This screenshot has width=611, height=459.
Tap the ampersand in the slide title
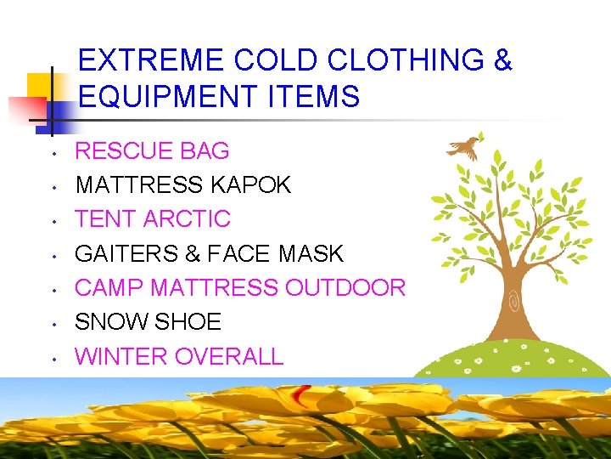502,61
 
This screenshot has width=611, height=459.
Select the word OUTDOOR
345,288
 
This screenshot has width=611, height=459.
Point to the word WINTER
121,356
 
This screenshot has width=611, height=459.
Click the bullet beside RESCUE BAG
53,154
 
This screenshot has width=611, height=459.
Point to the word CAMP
109,288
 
